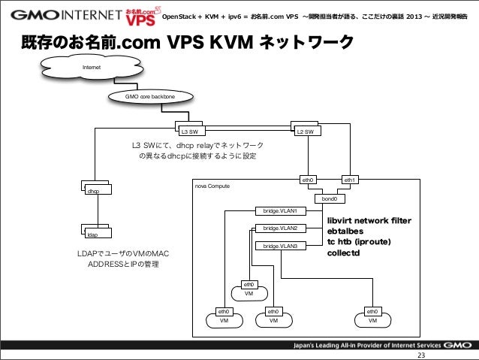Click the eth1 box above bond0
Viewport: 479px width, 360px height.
tap(350, 180)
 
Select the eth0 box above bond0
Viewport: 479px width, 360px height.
tap(308, 180)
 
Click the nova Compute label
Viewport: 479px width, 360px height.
tap(212, 185)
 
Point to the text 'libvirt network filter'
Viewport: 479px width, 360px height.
tap(369, 220)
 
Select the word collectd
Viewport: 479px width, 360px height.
tap(344, 253)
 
